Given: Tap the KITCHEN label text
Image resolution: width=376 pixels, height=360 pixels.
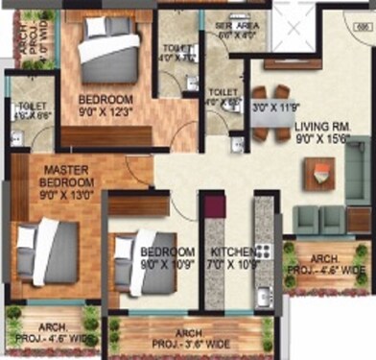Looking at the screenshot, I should [230, 245].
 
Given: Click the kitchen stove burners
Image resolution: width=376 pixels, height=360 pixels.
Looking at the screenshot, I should [265, 251].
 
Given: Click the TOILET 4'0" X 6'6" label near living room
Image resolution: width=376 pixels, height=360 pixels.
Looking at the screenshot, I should [223, 97].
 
